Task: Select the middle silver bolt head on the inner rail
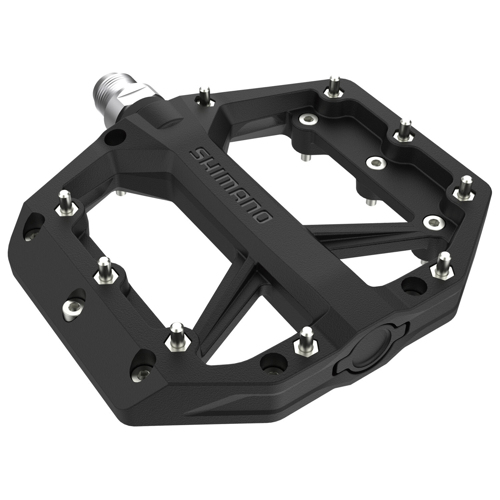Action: (373, 162)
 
